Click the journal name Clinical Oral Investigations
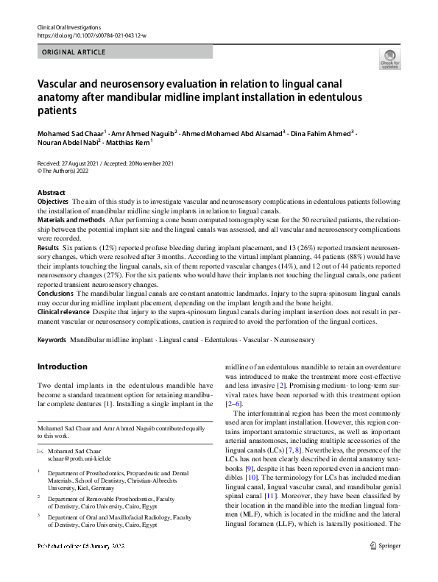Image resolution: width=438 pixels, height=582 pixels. tap(69, 26)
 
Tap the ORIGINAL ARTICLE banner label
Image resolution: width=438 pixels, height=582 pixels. tap(74, 52)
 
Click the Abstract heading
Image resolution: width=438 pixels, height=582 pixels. tap(52, 192)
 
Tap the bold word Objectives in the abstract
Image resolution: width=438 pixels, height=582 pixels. tap(52, 201)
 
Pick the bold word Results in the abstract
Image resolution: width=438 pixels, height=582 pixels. tap(48, 247)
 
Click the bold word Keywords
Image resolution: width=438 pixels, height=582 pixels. tap(52, 340)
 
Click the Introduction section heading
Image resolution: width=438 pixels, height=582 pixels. tap(62, 366)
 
